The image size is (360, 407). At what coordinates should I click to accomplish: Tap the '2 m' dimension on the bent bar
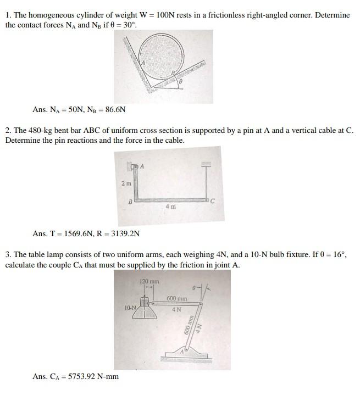[126, 183]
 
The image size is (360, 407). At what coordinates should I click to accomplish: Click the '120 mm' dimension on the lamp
[149, 282]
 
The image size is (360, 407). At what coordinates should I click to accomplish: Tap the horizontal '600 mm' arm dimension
[176, 299]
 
